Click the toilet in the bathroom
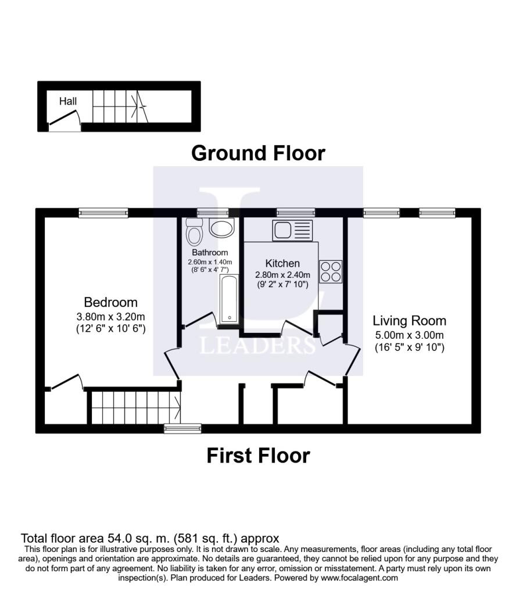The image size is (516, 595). pyautogui.click(x=194, y=232)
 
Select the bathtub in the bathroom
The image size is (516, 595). pyautogui.click(x=227, y=299)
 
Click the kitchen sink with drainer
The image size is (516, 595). pyautogui.click(x=293, y=231)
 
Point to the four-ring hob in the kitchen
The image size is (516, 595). pyautogui.click(x=330, y=271)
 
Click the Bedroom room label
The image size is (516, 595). pyautogui.click(x=110, y=302)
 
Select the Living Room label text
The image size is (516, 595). pyautogui.click(x=409, y=321)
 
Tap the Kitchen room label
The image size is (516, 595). pyautogui.click(x=282, y=263)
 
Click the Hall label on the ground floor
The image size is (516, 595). pyautogui.click(x=67, y=101)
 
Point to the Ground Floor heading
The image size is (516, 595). pyautogui.click(x=258, y=153)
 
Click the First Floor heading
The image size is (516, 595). pyautogui.click(x=258, y=456)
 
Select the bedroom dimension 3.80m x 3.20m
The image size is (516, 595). pyautogui.click(x=110, y=317)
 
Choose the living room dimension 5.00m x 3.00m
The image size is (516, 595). pyautogui.click(x=409, y=335)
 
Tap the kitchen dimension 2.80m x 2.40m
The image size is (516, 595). pyautogui.click(x=282, y=275)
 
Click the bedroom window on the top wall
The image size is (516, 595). pyautogui.click(x=103, y=213)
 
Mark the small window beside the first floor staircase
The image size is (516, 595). pyautogui.click(x=174, y=429)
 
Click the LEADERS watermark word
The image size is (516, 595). pyautogui.click(x=257, y=345)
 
